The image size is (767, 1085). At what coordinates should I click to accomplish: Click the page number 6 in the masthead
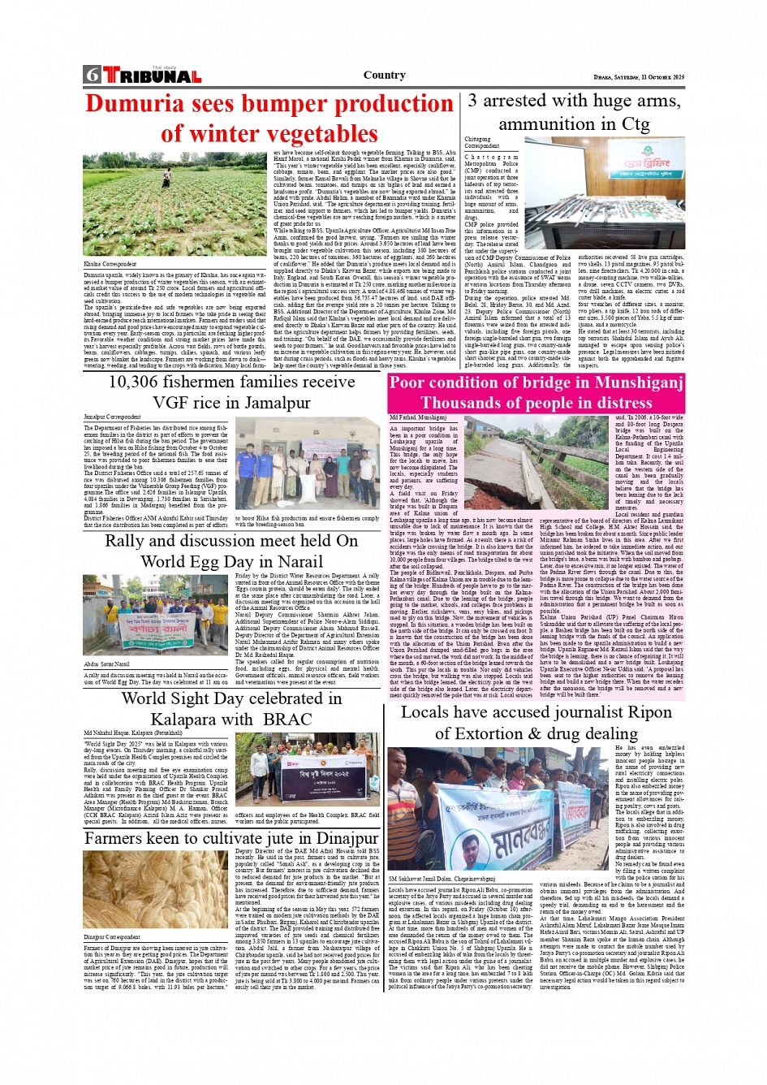[x=92, y=75]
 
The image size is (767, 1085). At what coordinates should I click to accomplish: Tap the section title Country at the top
[x=384, y=75]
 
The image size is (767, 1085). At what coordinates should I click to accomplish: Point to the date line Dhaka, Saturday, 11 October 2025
[x=639, y=77]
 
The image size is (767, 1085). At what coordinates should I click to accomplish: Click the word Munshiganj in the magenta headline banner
[x=632, y=383]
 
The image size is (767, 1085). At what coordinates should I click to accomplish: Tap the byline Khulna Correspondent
[x=110, y=264]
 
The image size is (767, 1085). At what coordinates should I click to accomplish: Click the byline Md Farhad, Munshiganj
[x=417, y=417]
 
